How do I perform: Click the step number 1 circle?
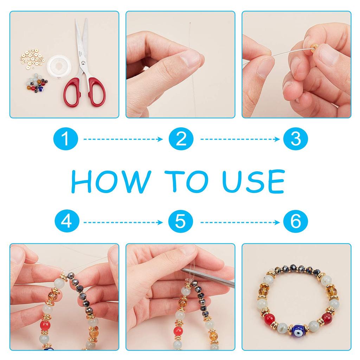(x=66, y=139)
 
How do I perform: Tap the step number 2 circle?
(x=181, y=139)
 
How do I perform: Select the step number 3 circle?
(x=295, y=139)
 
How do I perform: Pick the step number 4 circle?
(x=67, y=221)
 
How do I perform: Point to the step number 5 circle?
(x=180, y=221)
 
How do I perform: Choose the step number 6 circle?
(x=295, y=221)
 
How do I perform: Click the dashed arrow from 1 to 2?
(x=123, y=139)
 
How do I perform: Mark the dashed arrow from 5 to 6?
(x=240, y=222)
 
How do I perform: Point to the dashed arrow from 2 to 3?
(x=240, y=139)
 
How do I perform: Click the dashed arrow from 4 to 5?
(x=123, y=222)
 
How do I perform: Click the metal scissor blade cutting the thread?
(x=208, y=278)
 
